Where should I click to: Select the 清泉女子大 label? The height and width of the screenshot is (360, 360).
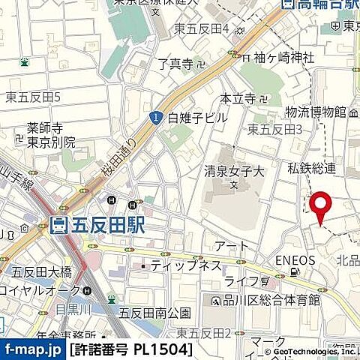coord(234,171)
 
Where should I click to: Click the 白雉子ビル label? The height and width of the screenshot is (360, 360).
coord(198,117)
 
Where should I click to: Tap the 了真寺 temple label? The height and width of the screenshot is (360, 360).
coord(175,64)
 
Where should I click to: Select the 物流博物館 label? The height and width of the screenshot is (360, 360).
coord(315,112)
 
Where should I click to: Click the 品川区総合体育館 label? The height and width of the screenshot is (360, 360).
coord(271,300)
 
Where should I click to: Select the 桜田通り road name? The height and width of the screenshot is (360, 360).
coord(120,160)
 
